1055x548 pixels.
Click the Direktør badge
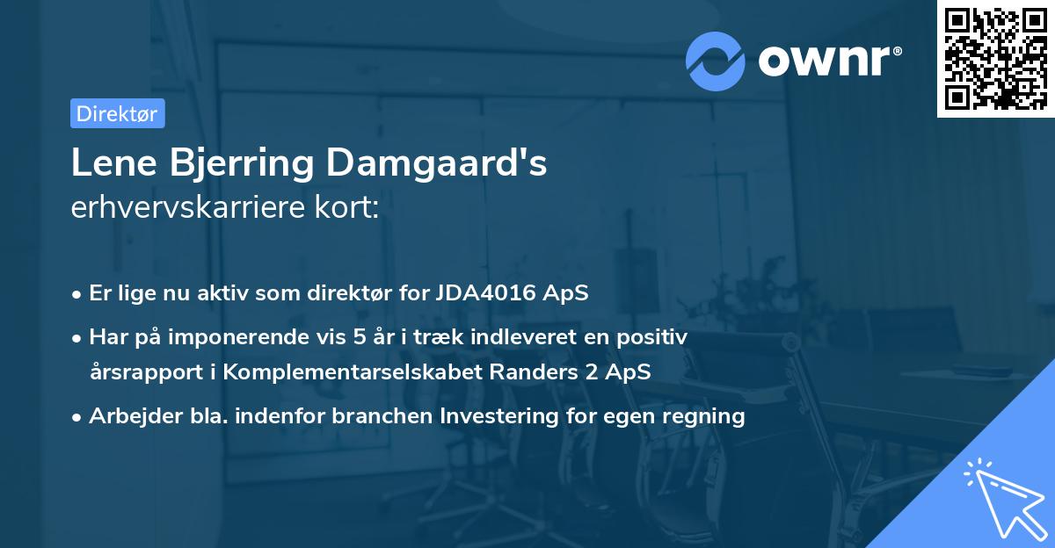[117, 113]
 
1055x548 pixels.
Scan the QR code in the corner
[995, 58]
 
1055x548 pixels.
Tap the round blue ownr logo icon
[716, 61]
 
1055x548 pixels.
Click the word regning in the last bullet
[703, 416]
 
